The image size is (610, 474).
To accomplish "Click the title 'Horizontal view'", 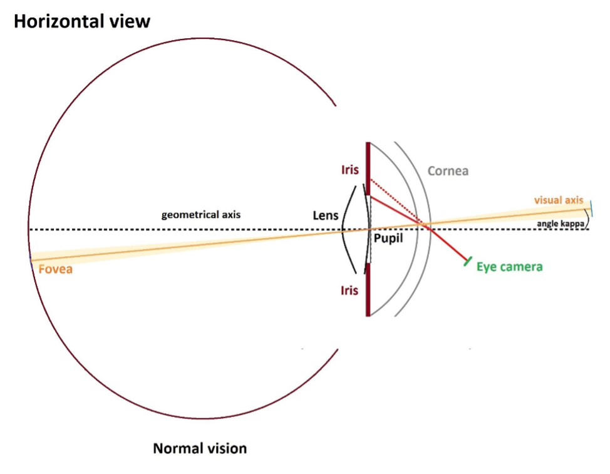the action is [x=81, y=21].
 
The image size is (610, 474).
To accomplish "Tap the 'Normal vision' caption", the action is [x=200, y=448].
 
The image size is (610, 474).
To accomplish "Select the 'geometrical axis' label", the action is [x=201, y=215].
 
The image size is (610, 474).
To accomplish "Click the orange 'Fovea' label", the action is [x=55, y=269].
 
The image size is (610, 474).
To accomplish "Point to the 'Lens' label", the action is [x=326, y=215].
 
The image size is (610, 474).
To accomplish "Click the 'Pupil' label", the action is [x=388, y=238].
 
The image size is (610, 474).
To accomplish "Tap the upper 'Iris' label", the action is [x=350, y=170].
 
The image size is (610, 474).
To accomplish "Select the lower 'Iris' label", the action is [x=349, y=291].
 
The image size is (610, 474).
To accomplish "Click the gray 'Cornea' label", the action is [x=448, y=171].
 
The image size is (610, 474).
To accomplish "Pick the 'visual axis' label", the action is [x=559, y=200].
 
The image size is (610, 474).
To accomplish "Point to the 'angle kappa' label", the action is [x=560, y=224].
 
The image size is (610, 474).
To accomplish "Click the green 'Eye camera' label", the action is [x=510, y=267].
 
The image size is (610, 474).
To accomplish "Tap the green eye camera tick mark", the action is [x=468, y=261].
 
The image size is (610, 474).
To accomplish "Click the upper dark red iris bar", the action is [x=368, y=168].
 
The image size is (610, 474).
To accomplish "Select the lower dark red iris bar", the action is [x=368, y=290].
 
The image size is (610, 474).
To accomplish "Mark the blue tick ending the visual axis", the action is [x=591, y=209].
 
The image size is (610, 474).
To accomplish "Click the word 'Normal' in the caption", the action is [x=177, y=448].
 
